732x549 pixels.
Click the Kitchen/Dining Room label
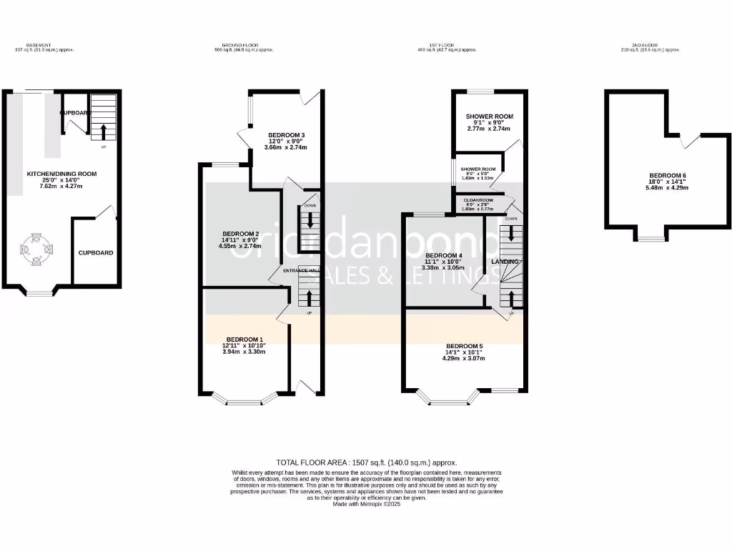coord(61,174)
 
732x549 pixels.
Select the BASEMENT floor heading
coord(37,44)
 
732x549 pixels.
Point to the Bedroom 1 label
coord(244,339)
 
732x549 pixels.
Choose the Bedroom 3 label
coord(287,135)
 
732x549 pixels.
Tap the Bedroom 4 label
coord(444,255)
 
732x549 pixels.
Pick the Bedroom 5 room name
coord(465,346)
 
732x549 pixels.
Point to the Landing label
coord(505,262)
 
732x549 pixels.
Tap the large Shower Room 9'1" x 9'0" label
coord(490,117)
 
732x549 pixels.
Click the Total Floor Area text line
coord(366,463)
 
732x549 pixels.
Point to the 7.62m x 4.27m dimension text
coord(61,186)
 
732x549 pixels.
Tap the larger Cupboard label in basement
coord(96,253)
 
